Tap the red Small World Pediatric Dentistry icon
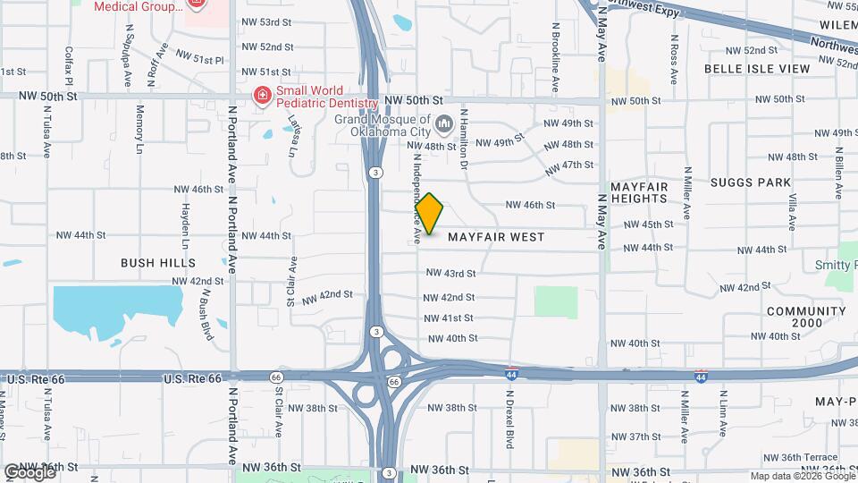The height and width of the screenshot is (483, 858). pos(262,96)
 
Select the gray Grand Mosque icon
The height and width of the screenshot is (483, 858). pos(444,122)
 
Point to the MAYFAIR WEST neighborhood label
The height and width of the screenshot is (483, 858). pos(496,237)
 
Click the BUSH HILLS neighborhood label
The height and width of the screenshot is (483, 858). pos(158,263)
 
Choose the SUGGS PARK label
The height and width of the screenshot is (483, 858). pos(751,182)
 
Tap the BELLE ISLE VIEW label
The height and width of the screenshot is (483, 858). pos(757,68)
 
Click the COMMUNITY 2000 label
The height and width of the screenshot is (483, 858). pos(805,318)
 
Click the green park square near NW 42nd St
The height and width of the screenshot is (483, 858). pos(556,302)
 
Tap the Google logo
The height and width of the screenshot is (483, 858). pos(29,472)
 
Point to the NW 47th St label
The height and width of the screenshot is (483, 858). pos(568,165)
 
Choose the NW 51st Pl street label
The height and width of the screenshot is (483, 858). pos(199,57)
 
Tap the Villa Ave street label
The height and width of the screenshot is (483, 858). pos(792,210)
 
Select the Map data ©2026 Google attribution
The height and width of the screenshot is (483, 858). pos(801,476)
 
